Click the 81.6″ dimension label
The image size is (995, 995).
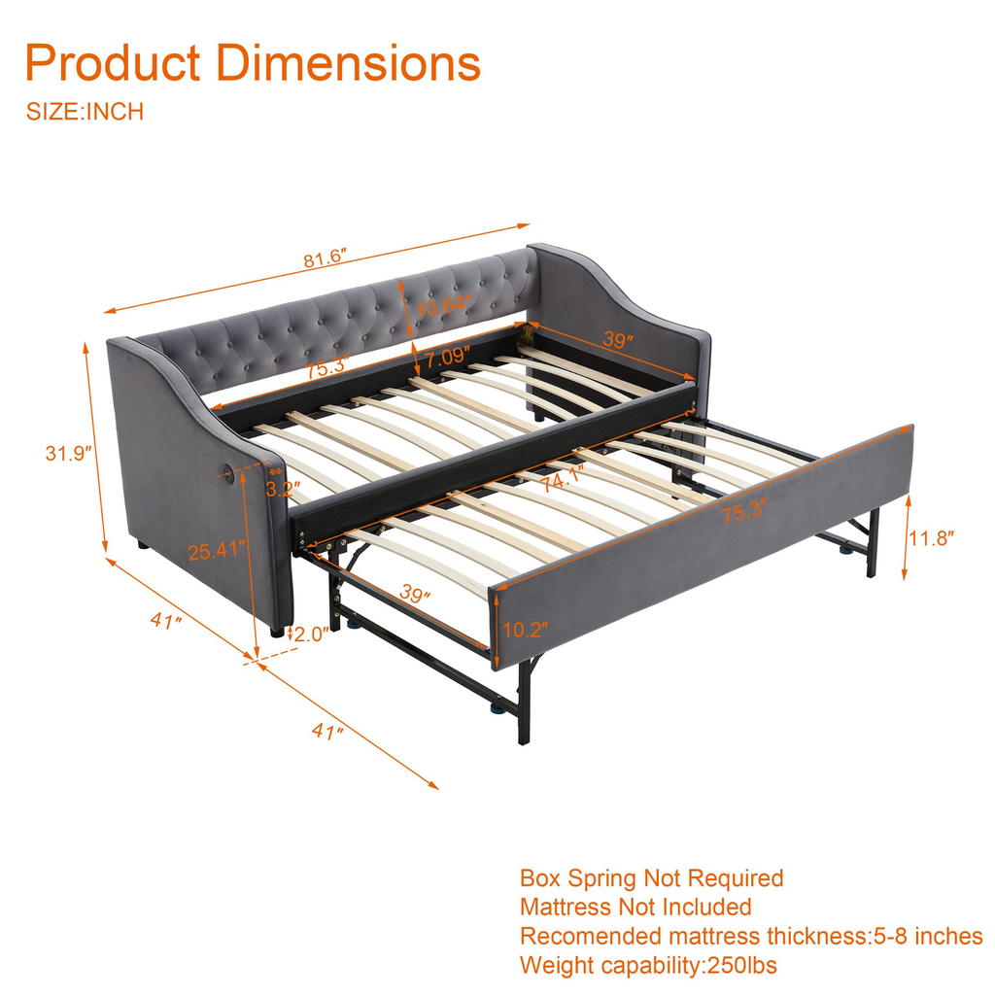click(325, 258)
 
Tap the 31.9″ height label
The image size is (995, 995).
click(69, 454)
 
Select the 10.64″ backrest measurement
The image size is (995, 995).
click(443, 306)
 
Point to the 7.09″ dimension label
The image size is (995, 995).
click(447, 358)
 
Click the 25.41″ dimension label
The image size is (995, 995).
click(217, 550)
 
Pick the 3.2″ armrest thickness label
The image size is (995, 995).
click(283, 489)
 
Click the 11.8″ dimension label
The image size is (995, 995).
click(932, 538)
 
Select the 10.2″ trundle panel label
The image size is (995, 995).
click(526, 630)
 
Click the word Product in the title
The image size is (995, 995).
click(113, 63)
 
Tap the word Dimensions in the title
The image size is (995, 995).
click(349, 63)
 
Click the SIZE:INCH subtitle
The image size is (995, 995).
click(86, 112)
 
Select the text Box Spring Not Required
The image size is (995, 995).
click(652, 878)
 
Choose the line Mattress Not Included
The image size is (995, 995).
click(635, 908)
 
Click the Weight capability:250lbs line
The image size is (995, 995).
click(648, 965)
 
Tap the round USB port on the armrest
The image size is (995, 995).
click(227, 471)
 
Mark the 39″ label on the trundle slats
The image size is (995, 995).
click(415, 595)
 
